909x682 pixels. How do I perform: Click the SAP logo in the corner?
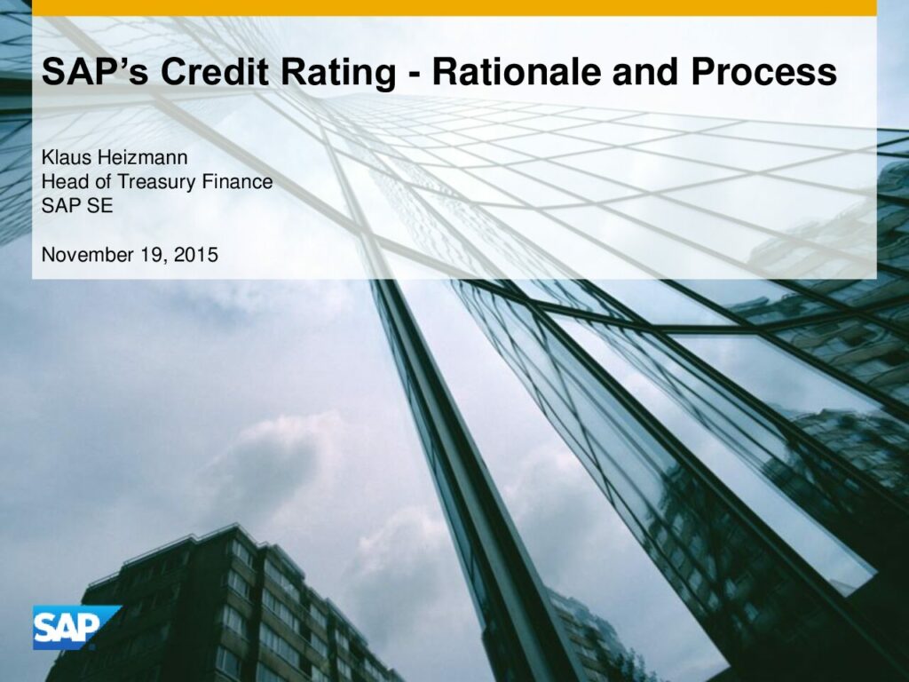pyautogui.click(x=76, y=627)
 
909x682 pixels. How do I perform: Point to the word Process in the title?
pyautogui.click(x=763, y=72)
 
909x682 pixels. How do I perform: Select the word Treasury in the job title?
pyautogui.click(x=156, y=183)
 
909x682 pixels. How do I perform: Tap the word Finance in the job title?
pyautogui.click(x=237, y=181)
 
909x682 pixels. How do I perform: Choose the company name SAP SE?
pyautogui.click(x=77, y=206)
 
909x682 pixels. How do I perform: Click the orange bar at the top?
pyautogui.click(x=454, y=7)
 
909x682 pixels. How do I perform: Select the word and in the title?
pyautogui.click(x=647, y=72)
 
